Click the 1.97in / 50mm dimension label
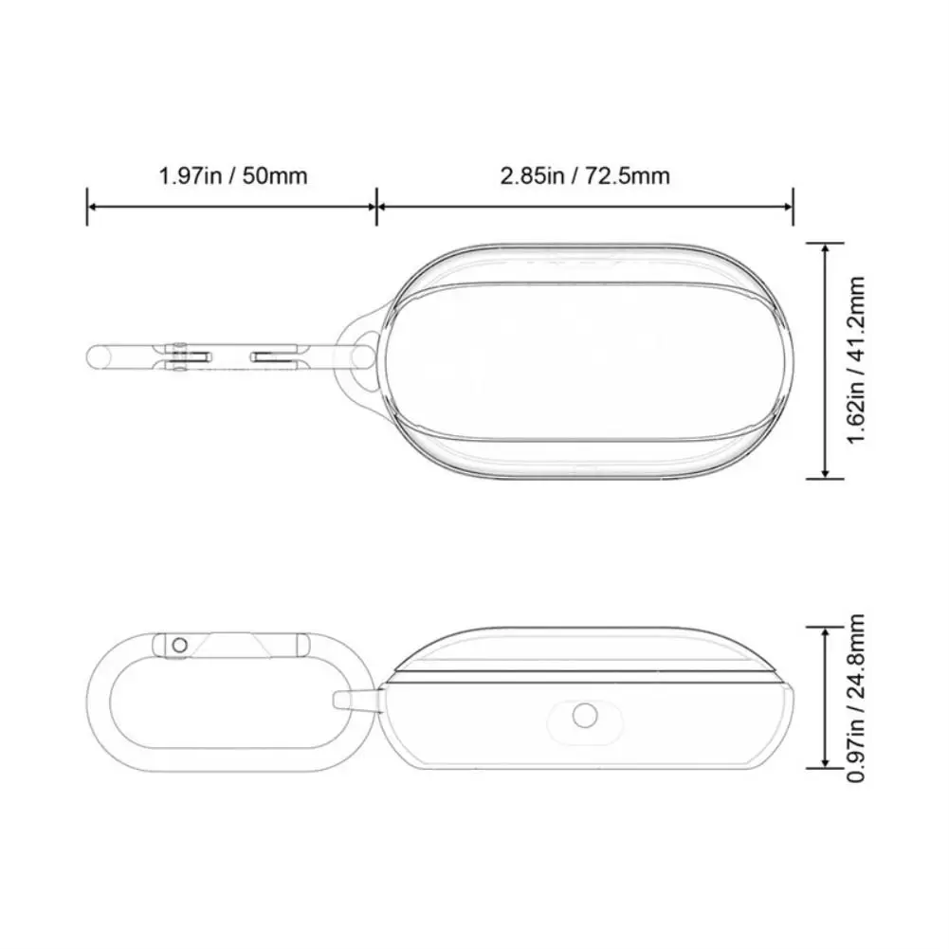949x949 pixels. coord(233,175)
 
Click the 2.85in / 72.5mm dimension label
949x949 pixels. coord(585,175)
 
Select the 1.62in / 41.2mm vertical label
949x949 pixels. coord(857,360)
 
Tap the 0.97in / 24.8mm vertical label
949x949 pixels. coord(857,699)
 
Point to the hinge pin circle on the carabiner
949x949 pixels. coord(177,645)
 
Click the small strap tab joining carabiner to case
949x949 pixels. coord(356,702)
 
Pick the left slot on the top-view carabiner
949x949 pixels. coord(190,356)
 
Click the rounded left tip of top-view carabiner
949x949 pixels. coord(95,356)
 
